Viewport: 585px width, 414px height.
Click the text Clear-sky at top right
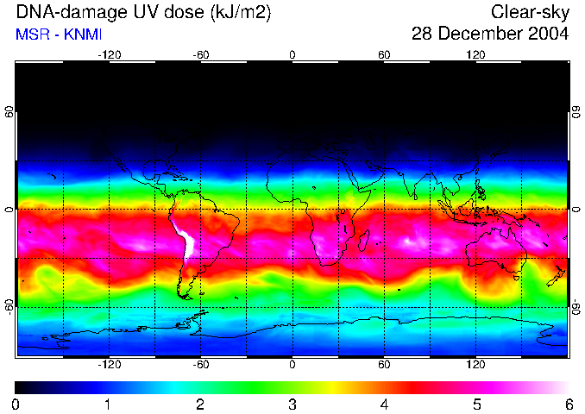pos(530,12)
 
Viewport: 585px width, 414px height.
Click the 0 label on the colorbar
pos(16,404)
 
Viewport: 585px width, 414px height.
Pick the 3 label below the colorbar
pos(292,404)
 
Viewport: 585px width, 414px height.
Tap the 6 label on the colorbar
pos(568,404)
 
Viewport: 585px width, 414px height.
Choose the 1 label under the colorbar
pos(108,404)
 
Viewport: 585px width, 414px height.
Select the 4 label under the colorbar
pos(384,404)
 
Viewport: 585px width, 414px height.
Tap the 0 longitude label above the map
pos(292,54)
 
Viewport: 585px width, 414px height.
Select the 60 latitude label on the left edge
pos(9,112)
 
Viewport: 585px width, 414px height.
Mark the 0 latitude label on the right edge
pos(576,210)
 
